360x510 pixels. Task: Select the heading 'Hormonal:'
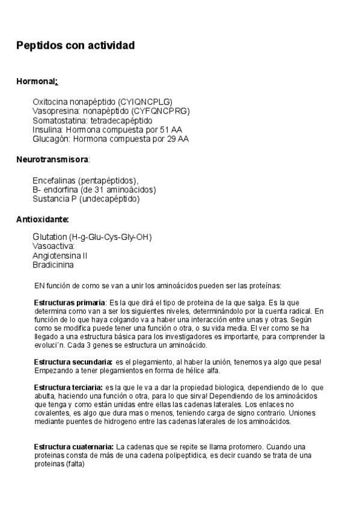(x=37, y=81)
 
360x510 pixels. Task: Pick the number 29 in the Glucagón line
(x=165, y=138)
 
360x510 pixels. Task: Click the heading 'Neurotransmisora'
(x=52, y=159)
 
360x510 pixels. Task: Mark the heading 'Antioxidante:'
(x=42, y=220)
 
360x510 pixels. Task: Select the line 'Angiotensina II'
(x=60, y=255)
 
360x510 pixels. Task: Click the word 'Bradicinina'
(x=53, y=264)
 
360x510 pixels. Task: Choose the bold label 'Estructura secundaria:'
(x=73, y=361)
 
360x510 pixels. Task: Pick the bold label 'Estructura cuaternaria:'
(x=74, y=447)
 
